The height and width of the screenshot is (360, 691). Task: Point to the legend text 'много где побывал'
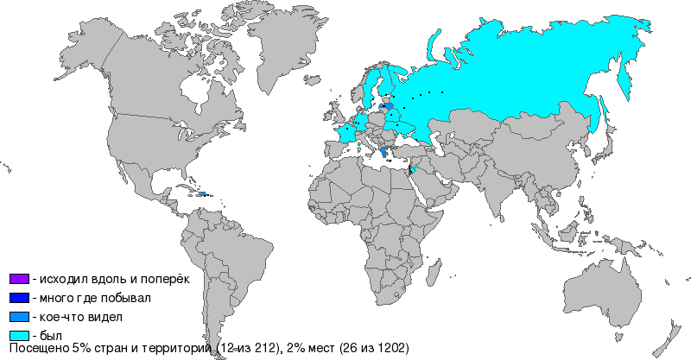coord(91,298)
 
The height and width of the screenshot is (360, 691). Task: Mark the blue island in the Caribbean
coord(201,194)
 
